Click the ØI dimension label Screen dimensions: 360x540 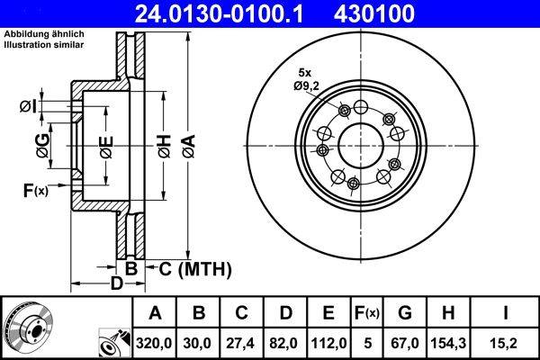click(29, 108)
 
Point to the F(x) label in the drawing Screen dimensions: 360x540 click(35, 190)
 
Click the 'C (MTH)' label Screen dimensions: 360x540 click(195, 268)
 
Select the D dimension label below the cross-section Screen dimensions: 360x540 click(115, 284)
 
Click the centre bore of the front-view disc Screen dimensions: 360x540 click(359, 145)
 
